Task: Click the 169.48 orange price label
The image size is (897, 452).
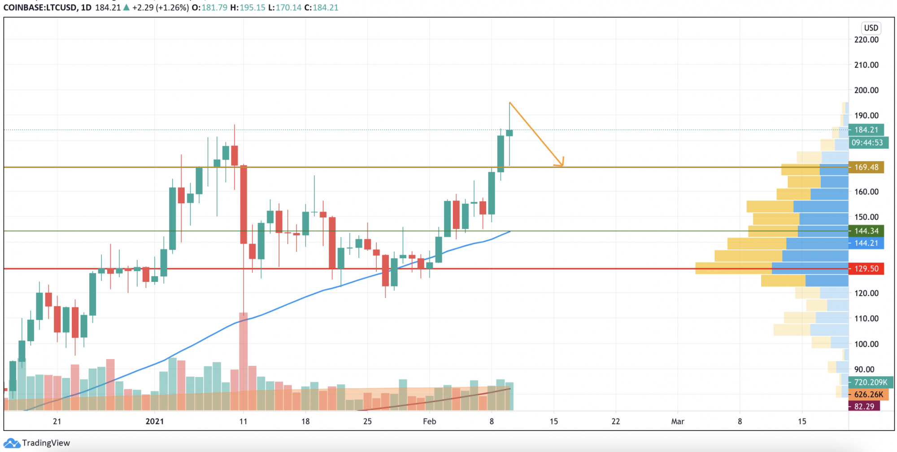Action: [x=866, y=167]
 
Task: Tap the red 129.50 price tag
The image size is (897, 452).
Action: [x=866, y=268]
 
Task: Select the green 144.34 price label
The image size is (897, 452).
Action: [x=866, y=231]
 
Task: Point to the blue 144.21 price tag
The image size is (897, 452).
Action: [x=866, y=243]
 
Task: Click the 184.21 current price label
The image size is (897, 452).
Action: [x=866, y=130]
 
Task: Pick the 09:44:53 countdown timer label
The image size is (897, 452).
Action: [x=867, y=143]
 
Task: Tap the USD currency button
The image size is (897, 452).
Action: [x=871, y=28]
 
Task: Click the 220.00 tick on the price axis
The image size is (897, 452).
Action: [x=866, y=39]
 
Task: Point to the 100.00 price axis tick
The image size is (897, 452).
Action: [x=866, y=344]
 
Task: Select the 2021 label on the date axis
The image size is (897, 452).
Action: [x=155, y=421]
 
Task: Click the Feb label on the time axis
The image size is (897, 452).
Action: [x=429, y=421]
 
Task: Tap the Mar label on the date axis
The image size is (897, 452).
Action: [x=677, y=421]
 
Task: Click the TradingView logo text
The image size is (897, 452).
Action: [x=46, y=443]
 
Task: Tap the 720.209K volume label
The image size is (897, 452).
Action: [x=870, y=382]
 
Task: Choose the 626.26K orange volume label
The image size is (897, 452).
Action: [x=868, y=395]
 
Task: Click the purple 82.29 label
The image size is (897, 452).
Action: [x=864, y=406]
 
